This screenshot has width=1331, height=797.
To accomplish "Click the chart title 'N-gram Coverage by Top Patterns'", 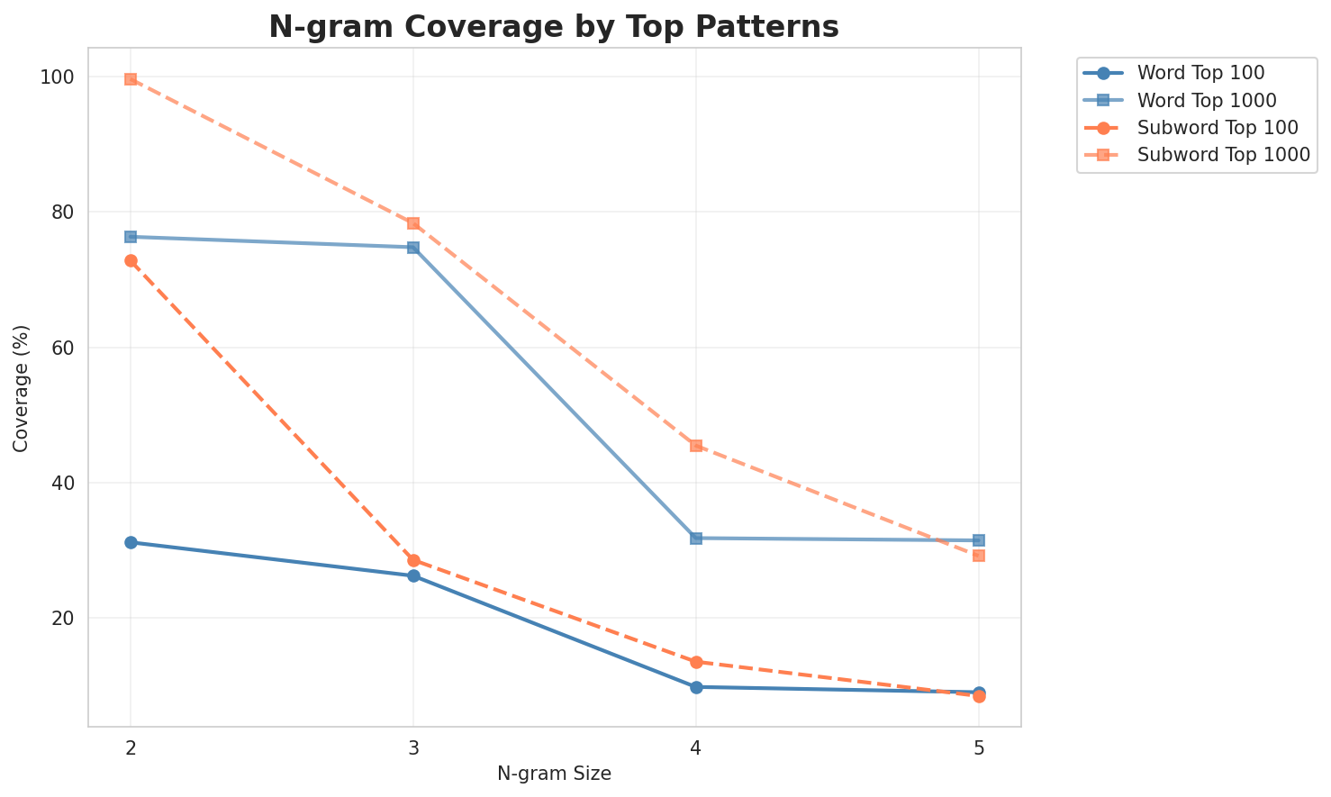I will click(554, 27).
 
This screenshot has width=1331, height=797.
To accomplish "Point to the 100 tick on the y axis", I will click(59, 77).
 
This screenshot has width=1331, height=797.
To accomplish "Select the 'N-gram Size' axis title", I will click(554, 774).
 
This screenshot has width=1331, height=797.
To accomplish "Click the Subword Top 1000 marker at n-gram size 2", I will click(131, 79).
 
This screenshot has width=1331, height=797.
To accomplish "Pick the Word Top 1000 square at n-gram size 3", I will click(413, 247).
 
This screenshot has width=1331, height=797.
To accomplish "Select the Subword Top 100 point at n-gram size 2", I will click(131, 261).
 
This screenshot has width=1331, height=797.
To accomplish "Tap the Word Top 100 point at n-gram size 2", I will click(131, 542).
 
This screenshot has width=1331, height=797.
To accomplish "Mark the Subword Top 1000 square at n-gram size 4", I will click(696, 446).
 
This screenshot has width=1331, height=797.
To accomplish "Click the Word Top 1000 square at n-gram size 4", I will click(696, 538).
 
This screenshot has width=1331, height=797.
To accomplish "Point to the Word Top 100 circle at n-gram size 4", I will click(696, 687).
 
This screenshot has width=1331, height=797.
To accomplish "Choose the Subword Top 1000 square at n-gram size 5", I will click(979, 556).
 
